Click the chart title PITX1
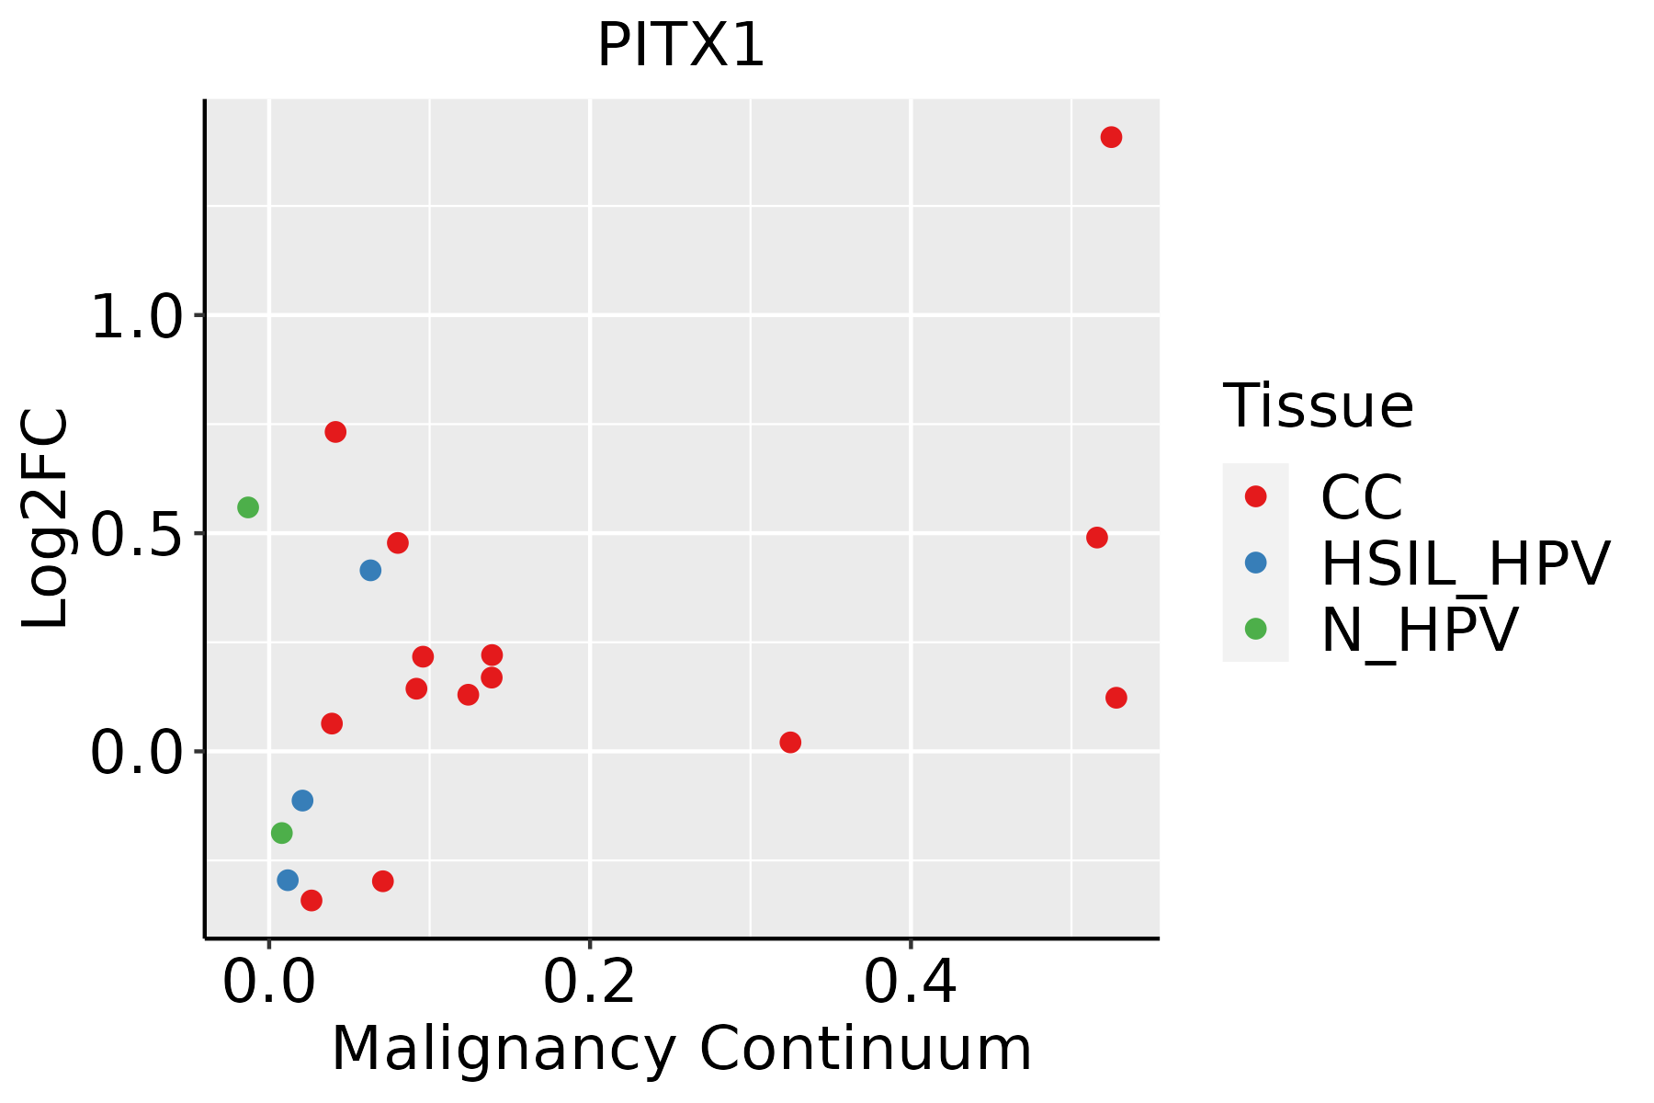click(x=681, y=46)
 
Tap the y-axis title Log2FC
click(x=46, y=518)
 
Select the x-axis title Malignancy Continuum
click(x=681, y=1049)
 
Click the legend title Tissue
click(x=1318, y=405)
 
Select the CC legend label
click(x=1361, y=497)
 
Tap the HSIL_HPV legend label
click(x=1465, y=563)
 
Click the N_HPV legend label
click(x=1419, y=630)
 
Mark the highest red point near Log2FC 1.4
click(x=1111, y=138)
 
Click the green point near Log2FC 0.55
click(x=248, y=507)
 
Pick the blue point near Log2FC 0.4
click(x=370, y=571)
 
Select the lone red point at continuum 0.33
click(x=790, y=743)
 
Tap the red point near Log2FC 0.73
click(x=335, y=432)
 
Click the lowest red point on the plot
click(x=312, y=901)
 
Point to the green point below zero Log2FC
click(x=282, y=834)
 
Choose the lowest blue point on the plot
click(x=288, y=881)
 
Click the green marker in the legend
click(x=1255, y=630)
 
